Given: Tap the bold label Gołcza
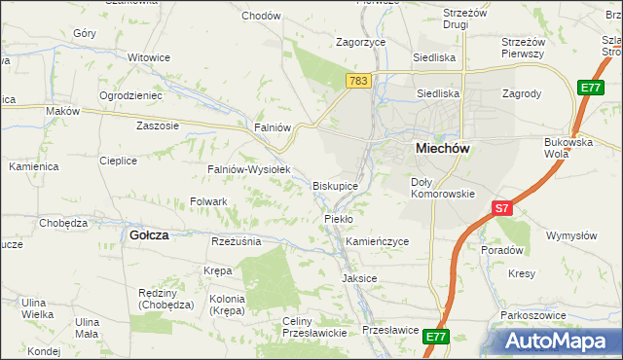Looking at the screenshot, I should coord(150,234).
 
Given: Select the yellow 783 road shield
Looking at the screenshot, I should coord(358,83).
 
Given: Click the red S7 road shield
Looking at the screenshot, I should coord(501,208).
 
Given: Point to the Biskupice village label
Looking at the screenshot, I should coord(341,185).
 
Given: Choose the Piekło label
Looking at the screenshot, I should coord(339,219).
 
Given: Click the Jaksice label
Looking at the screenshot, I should coord(359,278).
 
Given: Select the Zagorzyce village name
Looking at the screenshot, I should coord(361,43).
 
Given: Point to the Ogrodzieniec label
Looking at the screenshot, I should coord(130,95).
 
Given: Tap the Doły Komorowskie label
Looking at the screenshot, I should coord(442,188).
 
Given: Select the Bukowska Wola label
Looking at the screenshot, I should coord(568,148).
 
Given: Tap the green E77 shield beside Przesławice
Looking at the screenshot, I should coord(435,337).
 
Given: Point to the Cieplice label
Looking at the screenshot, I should coord(118,161).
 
